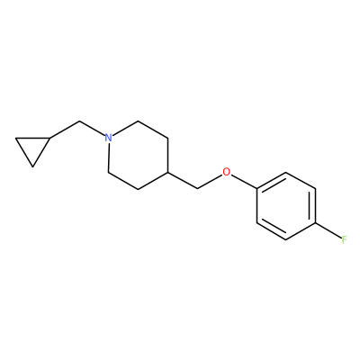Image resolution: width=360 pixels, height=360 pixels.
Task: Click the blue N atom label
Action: [108, 138]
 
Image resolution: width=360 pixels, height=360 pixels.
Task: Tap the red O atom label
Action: [227, 172]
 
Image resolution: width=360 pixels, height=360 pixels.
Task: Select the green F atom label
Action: [345, 239]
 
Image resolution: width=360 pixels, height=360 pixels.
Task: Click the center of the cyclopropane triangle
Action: [32, 148]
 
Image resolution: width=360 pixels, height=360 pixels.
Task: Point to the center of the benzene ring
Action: [286, 206]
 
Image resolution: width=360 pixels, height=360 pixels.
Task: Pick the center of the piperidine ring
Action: [138, 155]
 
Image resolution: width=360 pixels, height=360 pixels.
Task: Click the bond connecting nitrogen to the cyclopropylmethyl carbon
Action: [92, 129]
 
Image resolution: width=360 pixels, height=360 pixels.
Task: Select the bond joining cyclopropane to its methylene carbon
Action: [65, 130]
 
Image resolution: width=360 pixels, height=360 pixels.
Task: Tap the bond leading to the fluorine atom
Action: [328, 230]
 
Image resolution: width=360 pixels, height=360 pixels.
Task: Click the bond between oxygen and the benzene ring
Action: [244, 182]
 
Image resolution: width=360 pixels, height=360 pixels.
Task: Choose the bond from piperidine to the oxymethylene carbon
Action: [183, 181]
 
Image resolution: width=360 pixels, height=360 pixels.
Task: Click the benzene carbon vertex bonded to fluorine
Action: [316, 223]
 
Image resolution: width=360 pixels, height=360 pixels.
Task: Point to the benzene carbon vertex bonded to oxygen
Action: [256, 189]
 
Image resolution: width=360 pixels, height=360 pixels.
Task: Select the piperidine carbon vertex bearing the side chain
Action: [167, 172]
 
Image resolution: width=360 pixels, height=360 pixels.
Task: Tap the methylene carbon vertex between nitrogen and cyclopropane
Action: [79, 121]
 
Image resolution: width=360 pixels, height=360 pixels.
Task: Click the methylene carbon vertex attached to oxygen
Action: [197, 189]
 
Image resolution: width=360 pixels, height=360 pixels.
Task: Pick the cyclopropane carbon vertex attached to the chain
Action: [49, 138]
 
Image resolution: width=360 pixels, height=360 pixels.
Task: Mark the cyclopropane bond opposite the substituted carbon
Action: [24, 152]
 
